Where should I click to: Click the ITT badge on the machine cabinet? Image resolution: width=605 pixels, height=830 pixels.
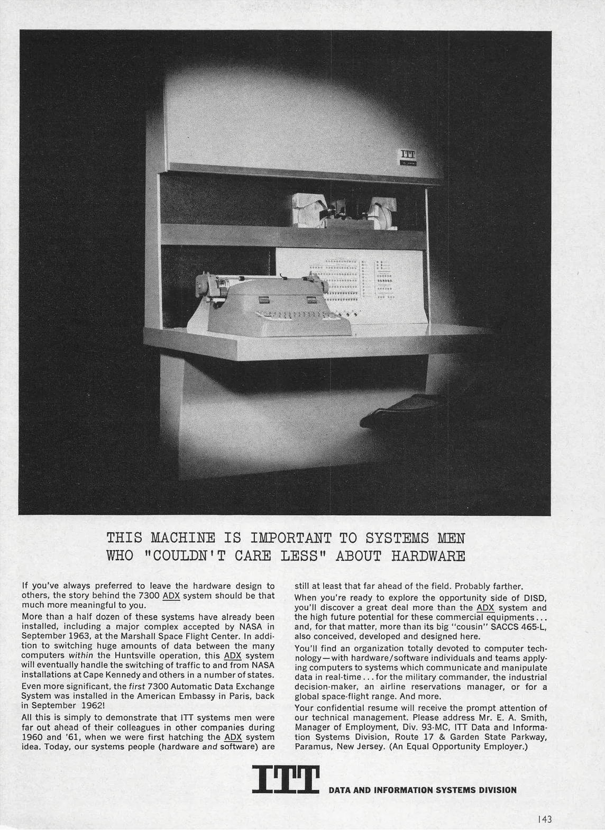coord(408,157)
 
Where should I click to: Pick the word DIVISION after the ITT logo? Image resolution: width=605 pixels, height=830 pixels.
coord(496,790)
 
